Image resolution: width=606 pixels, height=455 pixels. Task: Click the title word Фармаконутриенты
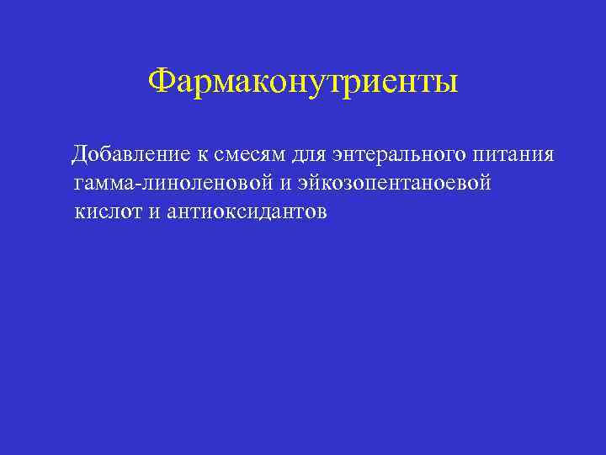303,83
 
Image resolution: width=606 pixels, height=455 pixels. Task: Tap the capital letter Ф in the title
159,82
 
